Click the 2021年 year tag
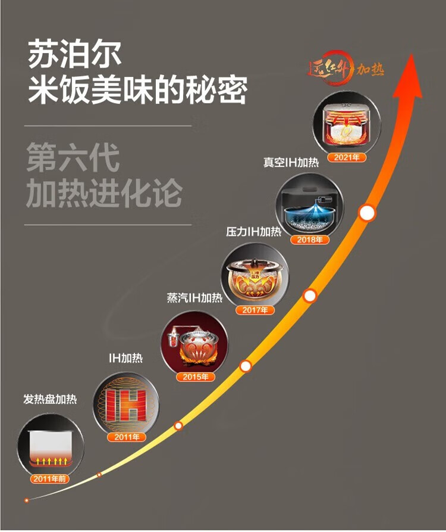tap(347, 158)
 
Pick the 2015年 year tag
tap(194, 377)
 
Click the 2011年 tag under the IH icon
tap(126, 437)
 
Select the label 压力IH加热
tap(253, 231)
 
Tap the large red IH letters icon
tap(126, 405)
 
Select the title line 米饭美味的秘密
tap(137, 90)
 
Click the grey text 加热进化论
tap(103, 194)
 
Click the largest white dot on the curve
tap(367, 212)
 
